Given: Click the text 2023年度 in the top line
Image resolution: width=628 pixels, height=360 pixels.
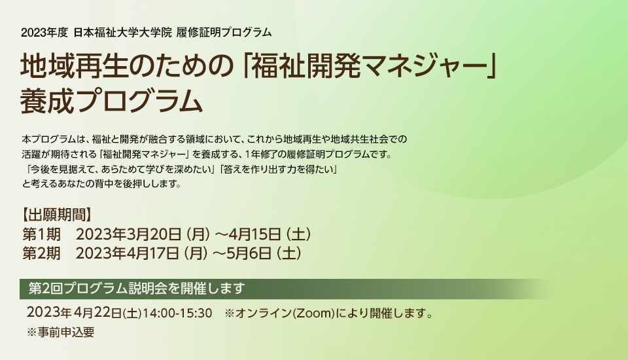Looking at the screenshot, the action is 44,32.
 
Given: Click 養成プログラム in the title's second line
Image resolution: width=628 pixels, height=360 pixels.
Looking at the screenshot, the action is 112,101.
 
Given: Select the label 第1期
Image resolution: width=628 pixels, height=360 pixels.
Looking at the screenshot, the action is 42,234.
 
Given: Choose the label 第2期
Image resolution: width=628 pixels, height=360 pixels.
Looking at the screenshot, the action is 42,253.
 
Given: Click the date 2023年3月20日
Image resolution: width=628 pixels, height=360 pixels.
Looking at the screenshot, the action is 129,234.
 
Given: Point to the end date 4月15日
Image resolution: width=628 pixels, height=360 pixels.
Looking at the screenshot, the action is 254,234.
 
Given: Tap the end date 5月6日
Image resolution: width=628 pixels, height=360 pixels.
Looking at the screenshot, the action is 249,253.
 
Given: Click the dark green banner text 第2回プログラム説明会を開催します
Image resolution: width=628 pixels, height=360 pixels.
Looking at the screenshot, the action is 137,289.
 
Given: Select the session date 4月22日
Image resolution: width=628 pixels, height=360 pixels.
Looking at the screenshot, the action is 97,312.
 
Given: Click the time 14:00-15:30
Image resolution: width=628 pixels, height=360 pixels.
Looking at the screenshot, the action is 177,313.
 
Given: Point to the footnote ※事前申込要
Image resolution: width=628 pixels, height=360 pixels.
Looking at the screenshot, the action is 60,333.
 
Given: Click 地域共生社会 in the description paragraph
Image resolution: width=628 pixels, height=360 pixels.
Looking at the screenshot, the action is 354,139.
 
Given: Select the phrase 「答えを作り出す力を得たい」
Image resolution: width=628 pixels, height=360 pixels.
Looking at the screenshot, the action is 279,170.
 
